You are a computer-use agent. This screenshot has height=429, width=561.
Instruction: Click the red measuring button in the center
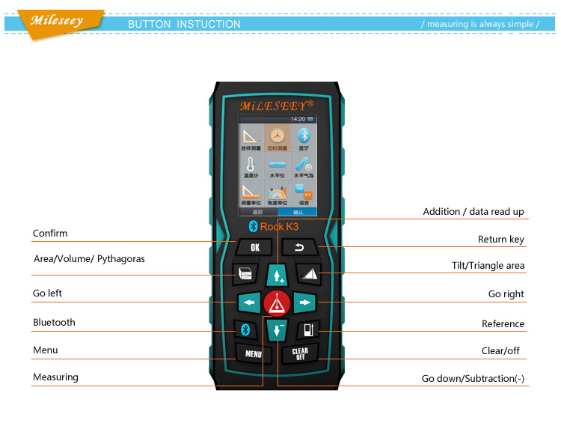pyautogui.click(x=278, y=302)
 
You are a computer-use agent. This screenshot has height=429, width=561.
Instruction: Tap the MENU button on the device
pyautogui.click(x=254, y=353)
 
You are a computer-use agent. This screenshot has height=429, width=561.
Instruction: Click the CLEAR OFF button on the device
pyautogui.click(x=300, y=354)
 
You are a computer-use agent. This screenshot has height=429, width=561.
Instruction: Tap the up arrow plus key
pyautogui.click(x=278, y=274)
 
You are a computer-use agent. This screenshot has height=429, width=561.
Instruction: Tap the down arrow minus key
pyautogui.click(x=278, y=329)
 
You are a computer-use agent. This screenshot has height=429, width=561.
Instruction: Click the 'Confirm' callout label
pyautogui.click(x=50, y=234)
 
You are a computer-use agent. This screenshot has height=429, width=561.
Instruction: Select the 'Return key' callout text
pyautogui.click(x=501, y=240)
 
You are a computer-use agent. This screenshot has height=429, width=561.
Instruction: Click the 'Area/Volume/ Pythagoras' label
pyautogui.click(x=89, y=259)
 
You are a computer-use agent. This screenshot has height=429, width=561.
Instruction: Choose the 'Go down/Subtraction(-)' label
pyautogui.click(x=473, y=379)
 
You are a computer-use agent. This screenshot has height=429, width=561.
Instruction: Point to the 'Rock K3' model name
pyautogui.click(x=279, y=226)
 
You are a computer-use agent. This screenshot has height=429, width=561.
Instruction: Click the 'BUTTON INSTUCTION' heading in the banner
pyautogui.click(x=184, y=24)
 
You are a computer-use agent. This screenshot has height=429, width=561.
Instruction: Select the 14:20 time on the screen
pyautogui.click(x=298, y=119)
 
